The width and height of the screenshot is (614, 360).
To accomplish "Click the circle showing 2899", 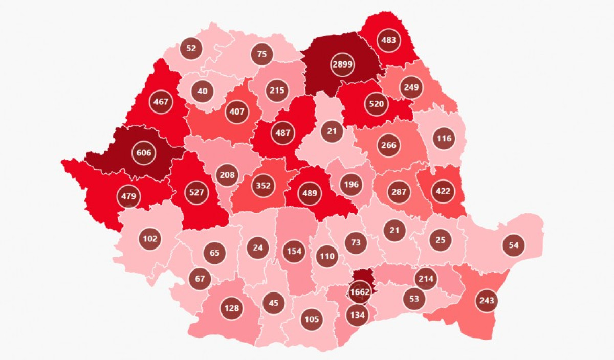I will pyautogui.click(x=342, y=64).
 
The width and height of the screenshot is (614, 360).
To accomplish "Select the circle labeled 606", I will pyautogui.click(x=144, y=153).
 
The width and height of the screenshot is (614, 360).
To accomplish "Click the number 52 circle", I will pyautogui.click(x=191, y=49).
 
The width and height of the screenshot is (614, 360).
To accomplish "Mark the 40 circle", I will pyautogui.click(x=203, y=92).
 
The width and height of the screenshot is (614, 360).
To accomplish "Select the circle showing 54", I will pyautogui.click(x=514, y=245).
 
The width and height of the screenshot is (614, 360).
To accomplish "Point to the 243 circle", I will pyautogui.click(x=487, y=300).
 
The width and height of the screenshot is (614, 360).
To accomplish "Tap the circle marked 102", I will pyautogui.click(x=150, y=238).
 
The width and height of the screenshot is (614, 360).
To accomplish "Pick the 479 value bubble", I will pyautogui.click(x=128, y=196).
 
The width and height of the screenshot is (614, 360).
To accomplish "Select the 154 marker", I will pyautogui.click(x=294, y=251).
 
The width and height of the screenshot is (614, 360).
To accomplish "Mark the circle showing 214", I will pyautogui.click(x=426, y=279).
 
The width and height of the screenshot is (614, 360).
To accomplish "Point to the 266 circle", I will pyautogui.click(x=389, y=145).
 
